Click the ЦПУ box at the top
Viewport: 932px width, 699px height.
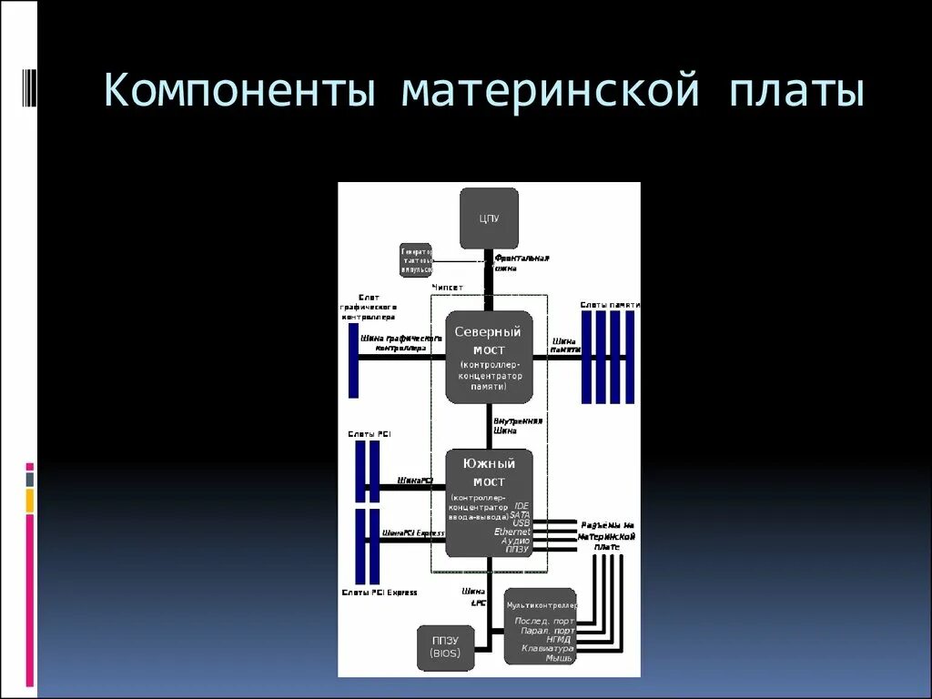[489, 218]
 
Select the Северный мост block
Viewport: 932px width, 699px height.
[489, 357]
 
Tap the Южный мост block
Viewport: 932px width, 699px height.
[489, 502]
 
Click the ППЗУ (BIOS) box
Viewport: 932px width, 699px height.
[445, 646]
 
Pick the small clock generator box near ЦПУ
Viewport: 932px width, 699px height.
[416, 259]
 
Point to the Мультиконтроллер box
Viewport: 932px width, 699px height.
[540, 626]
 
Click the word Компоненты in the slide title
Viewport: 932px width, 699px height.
[238, 93]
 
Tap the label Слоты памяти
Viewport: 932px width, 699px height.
[610, 304]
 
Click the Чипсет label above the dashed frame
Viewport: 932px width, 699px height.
[447, 287]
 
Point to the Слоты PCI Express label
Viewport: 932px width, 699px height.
[380, 593]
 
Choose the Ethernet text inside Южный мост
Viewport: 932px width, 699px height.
[512, 532]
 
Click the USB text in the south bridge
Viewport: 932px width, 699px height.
[521, 522]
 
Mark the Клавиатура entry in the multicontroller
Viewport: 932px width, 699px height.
[548, 648]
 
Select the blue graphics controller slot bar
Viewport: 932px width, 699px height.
[353, 360]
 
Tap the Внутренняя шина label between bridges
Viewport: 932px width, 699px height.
[518, 426]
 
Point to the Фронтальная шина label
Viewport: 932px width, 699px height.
[522, 263]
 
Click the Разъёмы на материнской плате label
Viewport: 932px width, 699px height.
[607, 536]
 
